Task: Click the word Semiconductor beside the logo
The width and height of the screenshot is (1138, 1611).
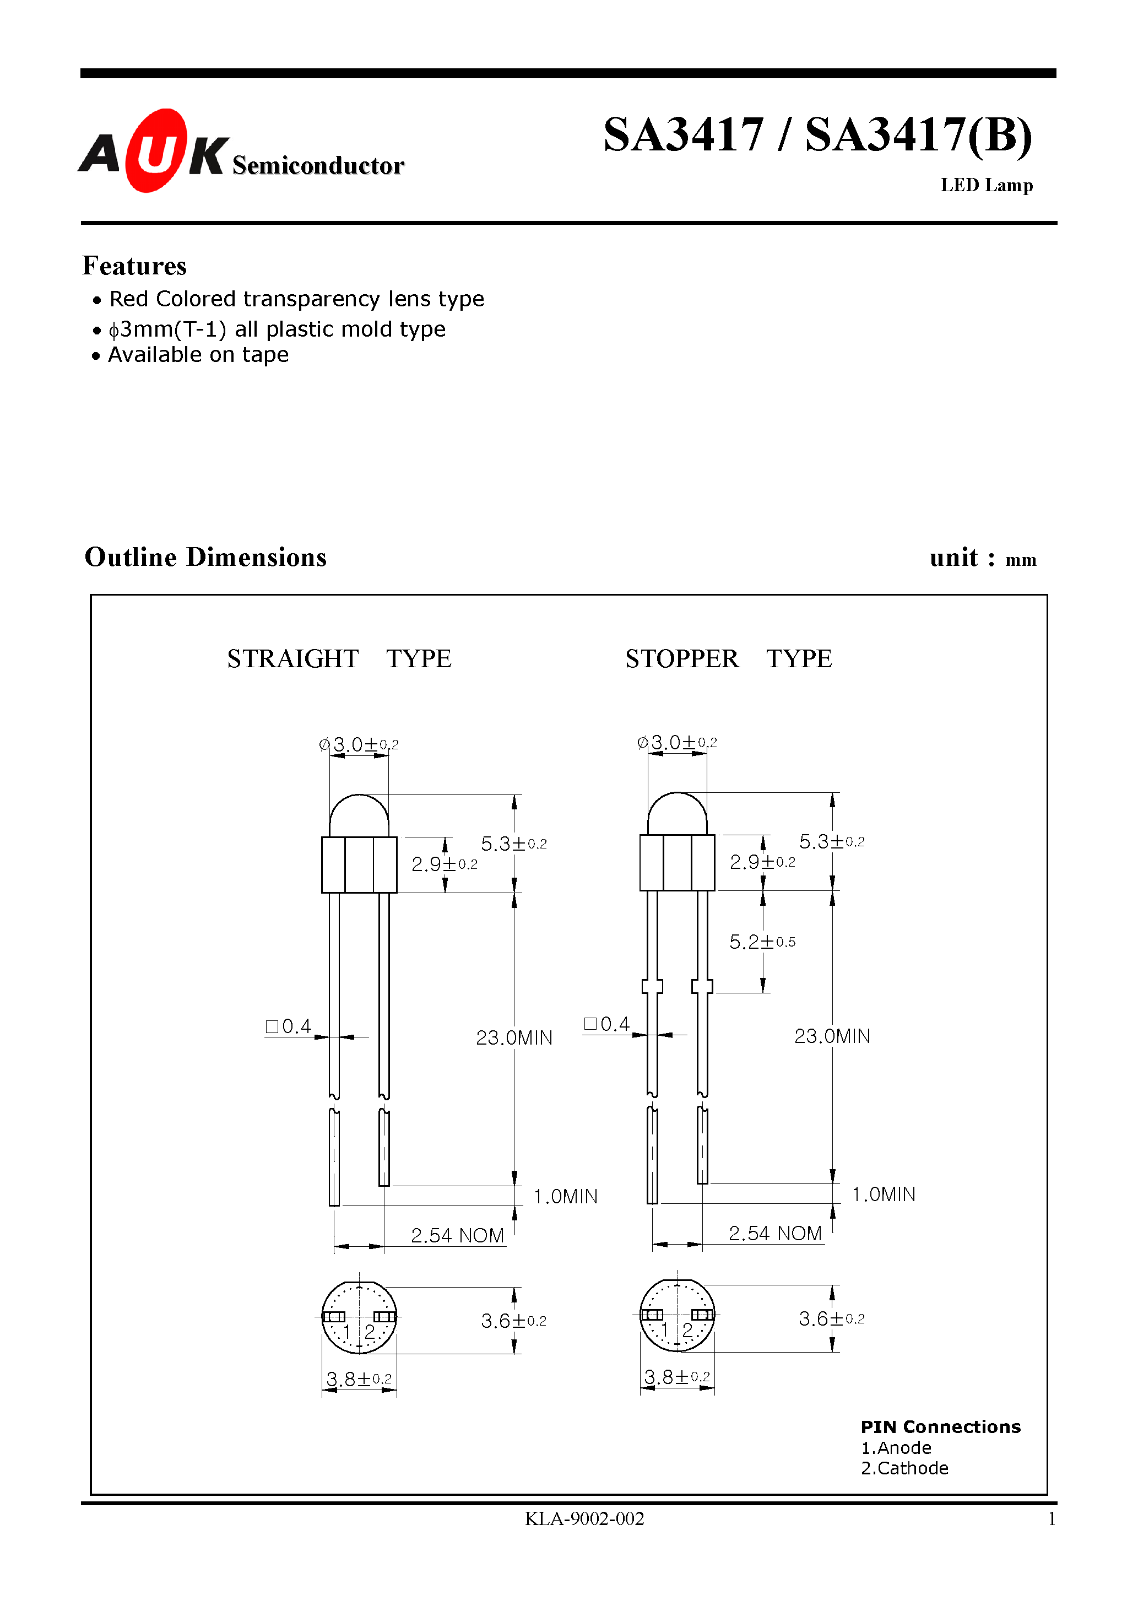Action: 318,166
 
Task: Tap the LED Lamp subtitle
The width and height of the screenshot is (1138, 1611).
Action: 986,185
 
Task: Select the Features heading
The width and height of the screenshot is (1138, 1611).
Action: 134,266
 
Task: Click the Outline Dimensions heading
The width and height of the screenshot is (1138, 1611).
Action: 205,557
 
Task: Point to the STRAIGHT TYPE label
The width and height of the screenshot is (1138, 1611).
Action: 339,659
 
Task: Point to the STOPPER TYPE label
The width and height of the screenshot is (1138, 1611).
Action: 728,659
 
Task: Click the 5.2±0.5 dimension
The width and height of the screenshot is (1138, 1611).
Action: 762,942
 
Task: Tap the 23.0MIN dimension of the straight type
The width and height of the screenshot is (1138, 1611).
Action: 513,1038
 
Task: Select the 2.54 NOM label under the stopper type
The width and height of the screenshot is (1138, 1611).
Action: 774,1234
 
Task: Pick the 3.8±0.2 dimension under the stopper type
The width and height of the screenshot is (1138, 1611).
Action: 676,1377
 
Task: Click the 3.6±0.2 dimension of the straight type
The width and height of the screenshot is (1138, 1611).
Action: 513,1321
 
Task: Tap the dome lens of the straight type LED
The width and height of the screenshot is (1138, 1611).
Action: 359,816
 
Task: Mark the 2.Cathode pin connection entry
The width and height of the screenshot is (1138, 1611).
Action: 904,1468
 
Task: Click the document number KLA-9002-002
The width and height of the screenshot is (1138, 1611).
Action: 584,1518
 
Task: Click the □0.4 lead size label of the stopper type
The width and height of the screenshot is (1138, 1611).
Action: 606,1024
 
